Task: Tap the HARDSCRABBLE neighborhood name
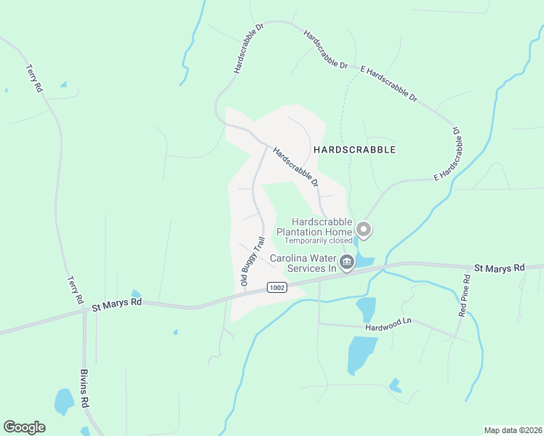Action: pos(355,150)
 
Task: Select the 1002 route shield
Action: pos(276,288)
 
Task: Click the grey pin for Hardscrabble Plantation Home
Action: pos(364,230)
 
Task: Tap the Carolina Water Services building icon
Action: pos(347,262)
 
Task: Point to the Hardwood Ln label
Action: pos(388,320)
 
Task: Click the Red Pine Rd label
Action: pos(463,294)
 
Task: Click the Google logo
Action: pos(24,427)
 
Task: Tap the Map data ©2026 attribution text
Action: pos(512,430)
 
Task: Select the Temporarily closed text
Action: pos(319,241)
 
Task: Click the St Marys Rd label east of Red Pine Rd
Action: pos(499,268)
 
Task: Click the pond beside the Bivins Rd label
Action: pos(64,400)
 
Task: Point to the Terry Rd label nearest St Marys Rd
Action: pos(74,289)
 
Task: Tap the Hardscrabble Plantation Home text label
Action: pos(322,227)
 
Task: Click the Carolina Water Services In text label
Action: pos(303,263)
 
